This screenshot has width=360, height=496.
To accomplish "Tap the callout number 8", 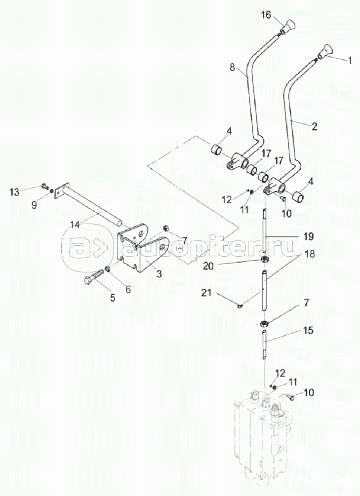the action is click(x=233, y=67).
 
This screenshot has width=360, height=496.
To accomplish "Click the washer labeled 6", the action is click(x=107, y=269).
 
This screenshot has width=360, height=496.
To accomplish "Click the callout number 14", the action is click(x=75, y=225).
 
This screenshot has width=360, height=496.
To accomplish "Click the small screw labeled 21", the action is click(x=240, y=305).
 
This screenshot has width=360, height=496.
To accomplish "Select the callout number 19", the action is click(x=308, y=236).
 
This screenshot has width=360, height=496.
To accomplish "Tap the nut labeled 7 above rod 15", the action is click(x=264, y=323).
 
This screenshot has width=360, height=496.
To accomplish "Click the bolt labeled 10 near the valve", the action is click(x=290, y=396).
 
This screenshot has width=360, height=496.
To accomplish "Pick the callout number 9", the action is click(x=34, y=205).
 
